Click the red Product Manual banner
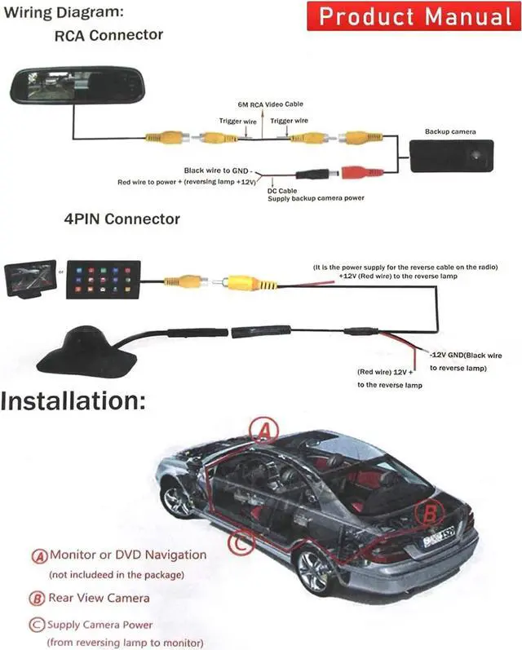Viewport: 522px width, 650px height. (414, 17)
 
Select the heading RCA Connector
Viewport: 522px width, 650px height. (108, 36)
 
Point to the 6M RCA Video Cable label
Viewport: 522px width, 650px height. (270, 105)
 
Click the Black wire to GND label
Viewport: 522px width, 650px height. (219, 170)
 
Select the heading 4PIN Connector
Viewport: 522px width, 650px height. (122, 219)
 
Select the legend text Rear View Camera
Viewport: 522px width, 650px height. (99, 598)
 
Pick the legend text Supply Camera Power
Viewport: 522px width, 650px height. (100, 626)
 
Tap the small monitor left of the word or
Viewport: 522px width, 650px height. (29, 280)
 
